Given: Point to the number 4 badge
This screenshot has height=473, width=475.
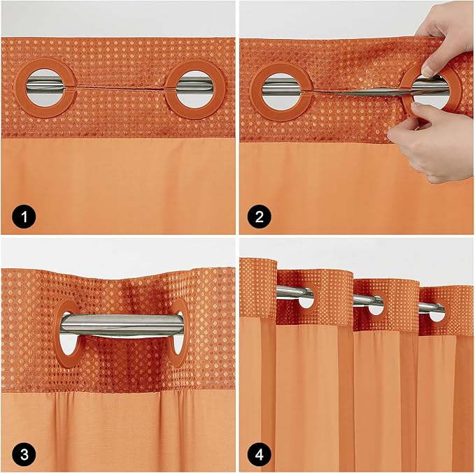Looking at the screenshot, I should (x=260, y=453).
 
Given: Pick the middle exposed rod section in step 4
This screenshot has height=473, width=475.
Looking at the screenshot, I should (x=368, y=300).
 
